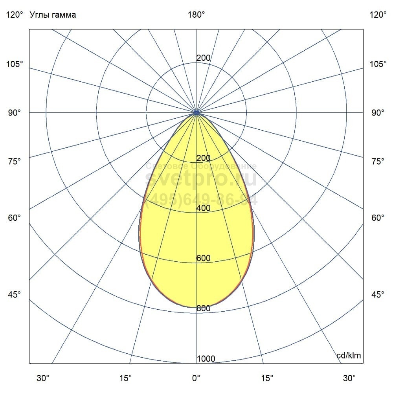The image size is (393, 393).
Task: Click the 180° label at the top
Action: (x=196, y=15)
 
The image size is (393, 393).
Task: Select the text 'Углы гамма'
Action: (x=53, y=15)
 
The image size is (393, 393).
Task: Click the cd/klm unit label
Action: (x=349, y=356)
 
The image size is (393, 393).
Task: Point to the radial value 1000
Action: (x=206, y=359)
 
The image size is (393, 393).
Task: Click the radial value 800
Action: (x=203, y=309)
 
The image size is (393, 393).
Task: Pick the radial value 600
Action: (x=203, y=258)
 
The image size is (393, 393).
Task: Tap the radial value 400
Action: (x=203, y=208)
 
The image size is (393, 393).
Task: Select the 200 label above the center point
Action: (x=203, y=58)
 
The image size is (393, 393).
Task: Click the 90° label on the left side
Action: (x=15, y=113)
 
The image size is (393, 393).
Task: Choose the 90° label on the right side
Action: (x=378, y=113)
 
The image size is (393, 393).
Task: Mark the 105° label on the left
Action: (x=15, y=64)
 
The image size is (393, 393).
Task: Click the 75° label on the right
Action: (x=378, y=161)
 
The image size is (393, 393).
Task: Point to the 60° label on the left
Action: (x=15, y=218)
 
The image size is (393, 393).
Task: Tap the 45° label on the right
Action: (x=378, y=294)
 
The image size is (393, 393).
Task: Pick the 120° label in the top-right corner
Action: (x=378, y=15)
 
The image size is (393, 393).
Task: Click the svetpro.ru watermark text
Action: (x=201, y=179)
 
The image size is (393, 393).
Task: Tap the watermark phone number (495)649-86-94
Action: (x=201, y=200)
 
